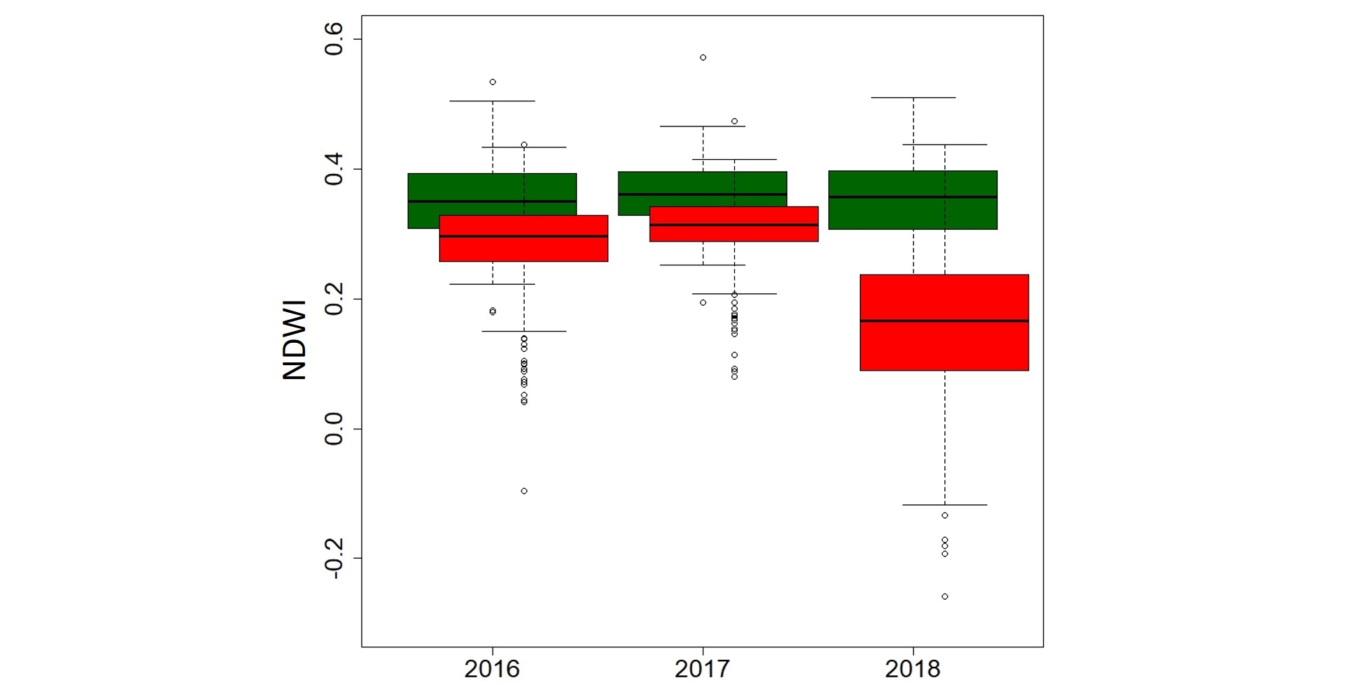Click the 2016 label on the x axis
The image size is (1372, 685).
pyautogui.click(x=492, y=669)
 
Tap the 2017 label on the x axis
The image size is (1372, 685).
pyautogui.click(x=702, y=669)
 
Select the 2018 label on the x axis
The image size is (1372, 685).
pyautogui.click(x=913, y=669)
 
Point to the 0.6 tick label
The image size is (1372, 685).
pyautogui.click(x=334, y=39)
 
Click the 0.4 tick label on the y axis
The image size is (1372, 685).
pyautogui.click(x=334, y=169)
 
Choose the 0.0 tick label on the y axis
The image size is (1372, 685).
pyautogui.click(x=334, y=429)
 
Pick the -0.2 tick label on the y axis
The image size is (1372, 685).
pyautogui.click(x=334, y=559)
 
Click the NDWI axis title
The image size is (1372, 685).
pyautogui.click(x=294, y=340)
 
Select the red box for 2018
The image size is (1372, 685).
pyautogui.click(x=944, y=346)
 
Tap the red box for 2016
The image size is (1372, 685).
pyautogui.click(x=523, y=248)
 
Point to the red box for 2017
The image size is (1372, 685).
pyautogui.click(x=733, y=233)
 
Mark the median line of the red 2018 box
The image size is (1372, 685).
pyautogui.click(x=944, y=321)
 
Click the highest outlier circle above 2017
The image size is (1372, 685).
pyautogui.click(x=703, y=57)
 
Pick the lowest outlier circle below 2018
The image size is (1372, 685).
pyautogui.click(x=945, y=596)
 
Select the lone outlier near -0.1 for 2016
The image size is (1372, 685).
pyautogui.click(x=524, y=491)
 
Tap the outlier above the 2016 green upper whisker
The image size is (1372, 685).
pyautogui.click(x=493, y=82)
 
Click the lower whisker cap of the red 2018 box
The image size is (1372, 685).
pyautogui.click(x=944, y=505)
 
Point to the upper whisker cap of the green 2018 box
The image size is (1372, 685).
pyautogui.click(x=914, y=98)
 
